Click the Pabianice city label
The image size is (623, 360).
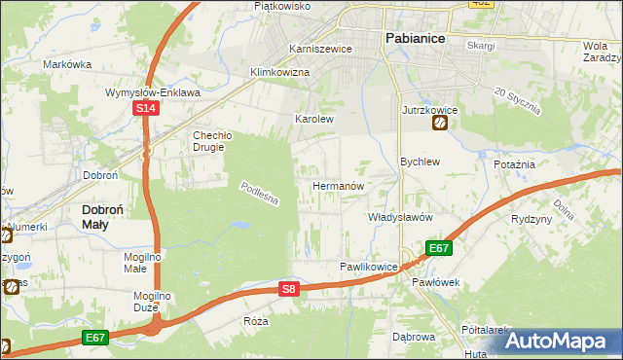pyautogui.click(x=414, y=38)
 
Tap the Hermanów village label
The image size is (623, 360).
pyautogui.click(x=338, y=185)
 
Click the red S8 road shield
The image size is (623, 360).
pyautogui.click(x=288, y=289)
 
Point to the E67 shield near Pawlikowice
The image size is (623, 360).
pyautogui.click(x=439, y=248)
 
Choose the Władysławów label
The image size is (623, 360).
pyautogui.click(x=399, y=218)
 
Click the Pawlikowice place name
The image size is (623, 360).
pyautogui.click(x=369, y=266)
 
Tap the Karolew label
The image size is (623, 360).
pyautogui.click(x=314, y=120)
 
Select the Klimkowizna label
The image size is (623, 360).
pyautogui.click(x=279, y=73)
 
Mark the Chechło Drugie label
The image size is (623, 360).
pyautogui.click(x=210, y=141)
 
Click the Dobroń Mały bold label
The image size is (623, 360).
pyautogui.click(x=108, y=216)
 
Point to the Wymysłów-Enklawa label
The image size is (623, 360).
pyautogui.click(x=153, y=92)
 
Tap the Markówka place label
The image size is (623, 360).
pyautogui.click(x=67, y=64)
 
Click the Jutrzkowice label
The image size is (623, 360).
pyautogui.click(x=429, y=110)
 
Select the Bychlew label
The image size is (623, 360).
pyautogui.click(x=421, y=162)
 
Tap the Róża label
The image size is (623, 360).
pyautogui.click(x=256, y=320)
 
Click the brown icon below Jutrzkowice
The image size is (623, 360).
pyautogui.click(x=441, y=125)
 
